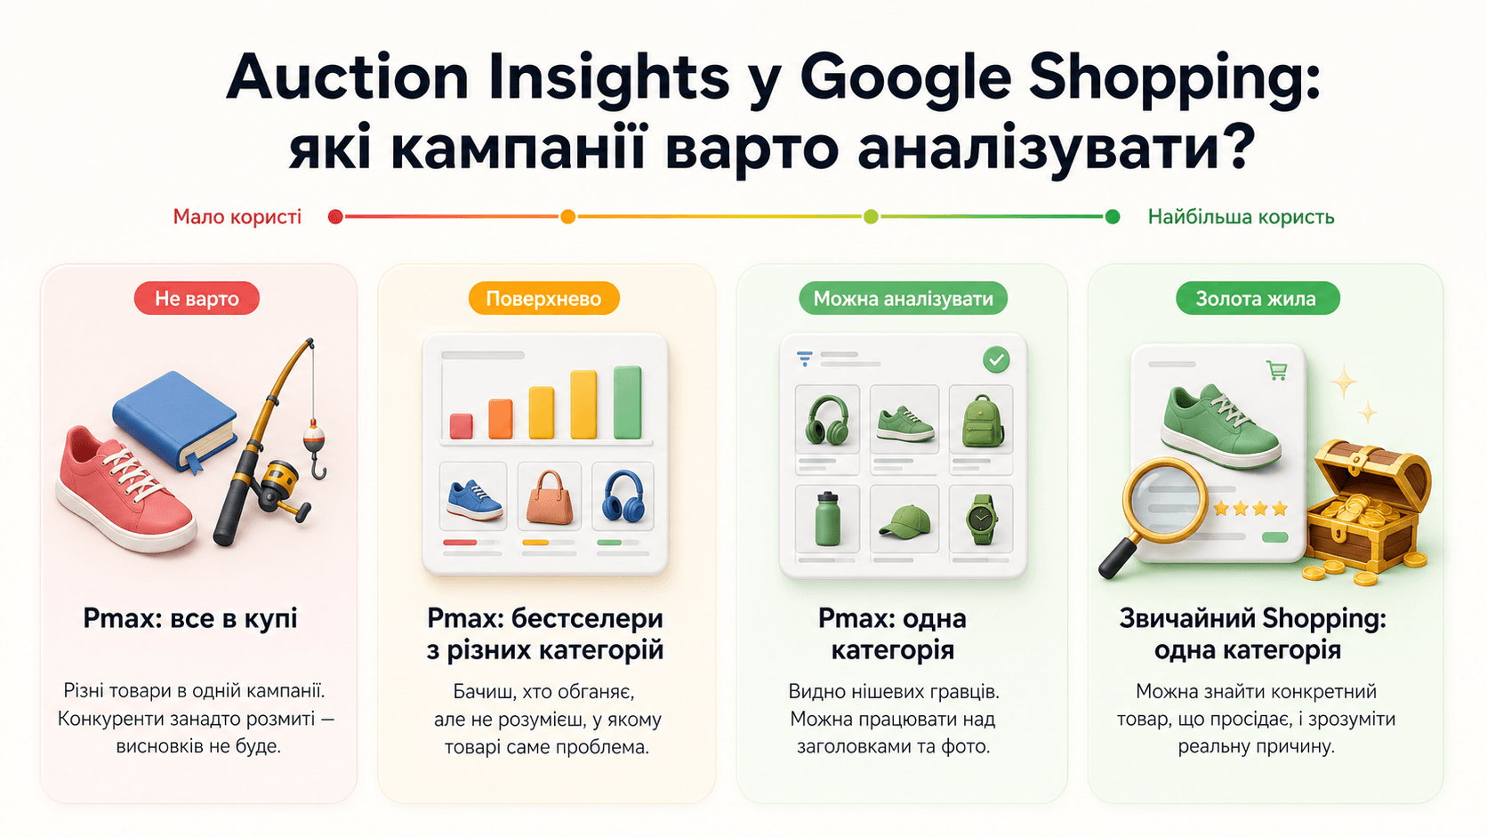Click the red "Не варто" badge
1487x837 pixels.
[197, 298]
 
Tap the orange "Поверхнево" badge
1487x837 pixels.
[543, 298]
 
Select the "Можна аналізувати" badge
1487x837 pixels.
[903, 298]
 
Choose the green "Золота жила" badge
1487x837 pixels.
[1255, 298]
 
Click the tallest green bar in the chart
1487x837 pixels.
[627, 402]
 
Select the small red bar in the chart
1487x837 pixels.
[461, 426]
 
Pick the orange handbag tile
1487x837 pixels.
[549, 496]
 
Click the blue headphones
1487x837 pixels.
[623, 496]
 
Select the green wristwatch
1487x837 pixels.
[981, 519]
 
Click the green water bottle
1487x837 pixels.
[827, 519]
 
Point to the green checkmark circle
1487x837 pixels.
[996, 359]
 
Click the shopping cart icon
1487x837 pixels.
[1276, 370]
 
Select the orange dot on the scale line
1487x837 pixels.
[567, 217]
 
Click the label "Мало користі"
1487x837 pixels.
[237, 217]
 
